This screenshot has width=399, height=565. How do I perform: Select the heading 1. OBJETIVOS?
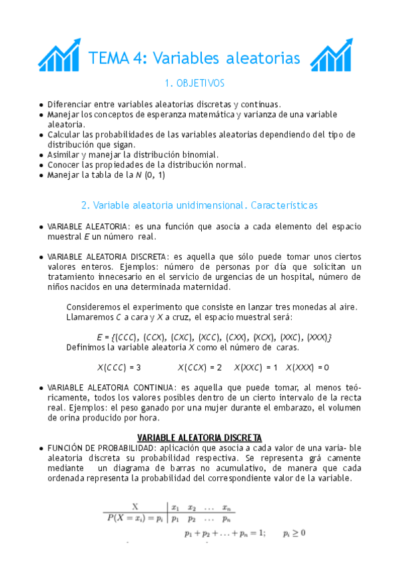(195, 84)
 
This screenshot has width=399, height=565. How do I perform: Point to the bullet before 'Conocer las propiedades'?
(42, 165)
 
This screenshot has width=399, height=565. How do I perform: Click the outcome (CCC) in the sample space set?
(127, 336)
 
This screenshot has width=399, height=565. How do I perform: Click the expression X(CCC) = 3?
(119, 367)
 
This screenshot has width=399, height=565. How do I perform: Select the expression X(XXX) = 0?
(307, 367)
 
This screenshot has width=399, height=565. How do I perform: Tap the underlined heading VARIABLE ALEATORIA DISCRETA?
(199, 438)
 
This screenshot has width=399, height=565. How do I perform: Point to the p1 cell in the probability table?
(176, 516)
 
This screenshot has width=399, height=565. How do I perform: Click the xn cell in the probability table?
(226, 506)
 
